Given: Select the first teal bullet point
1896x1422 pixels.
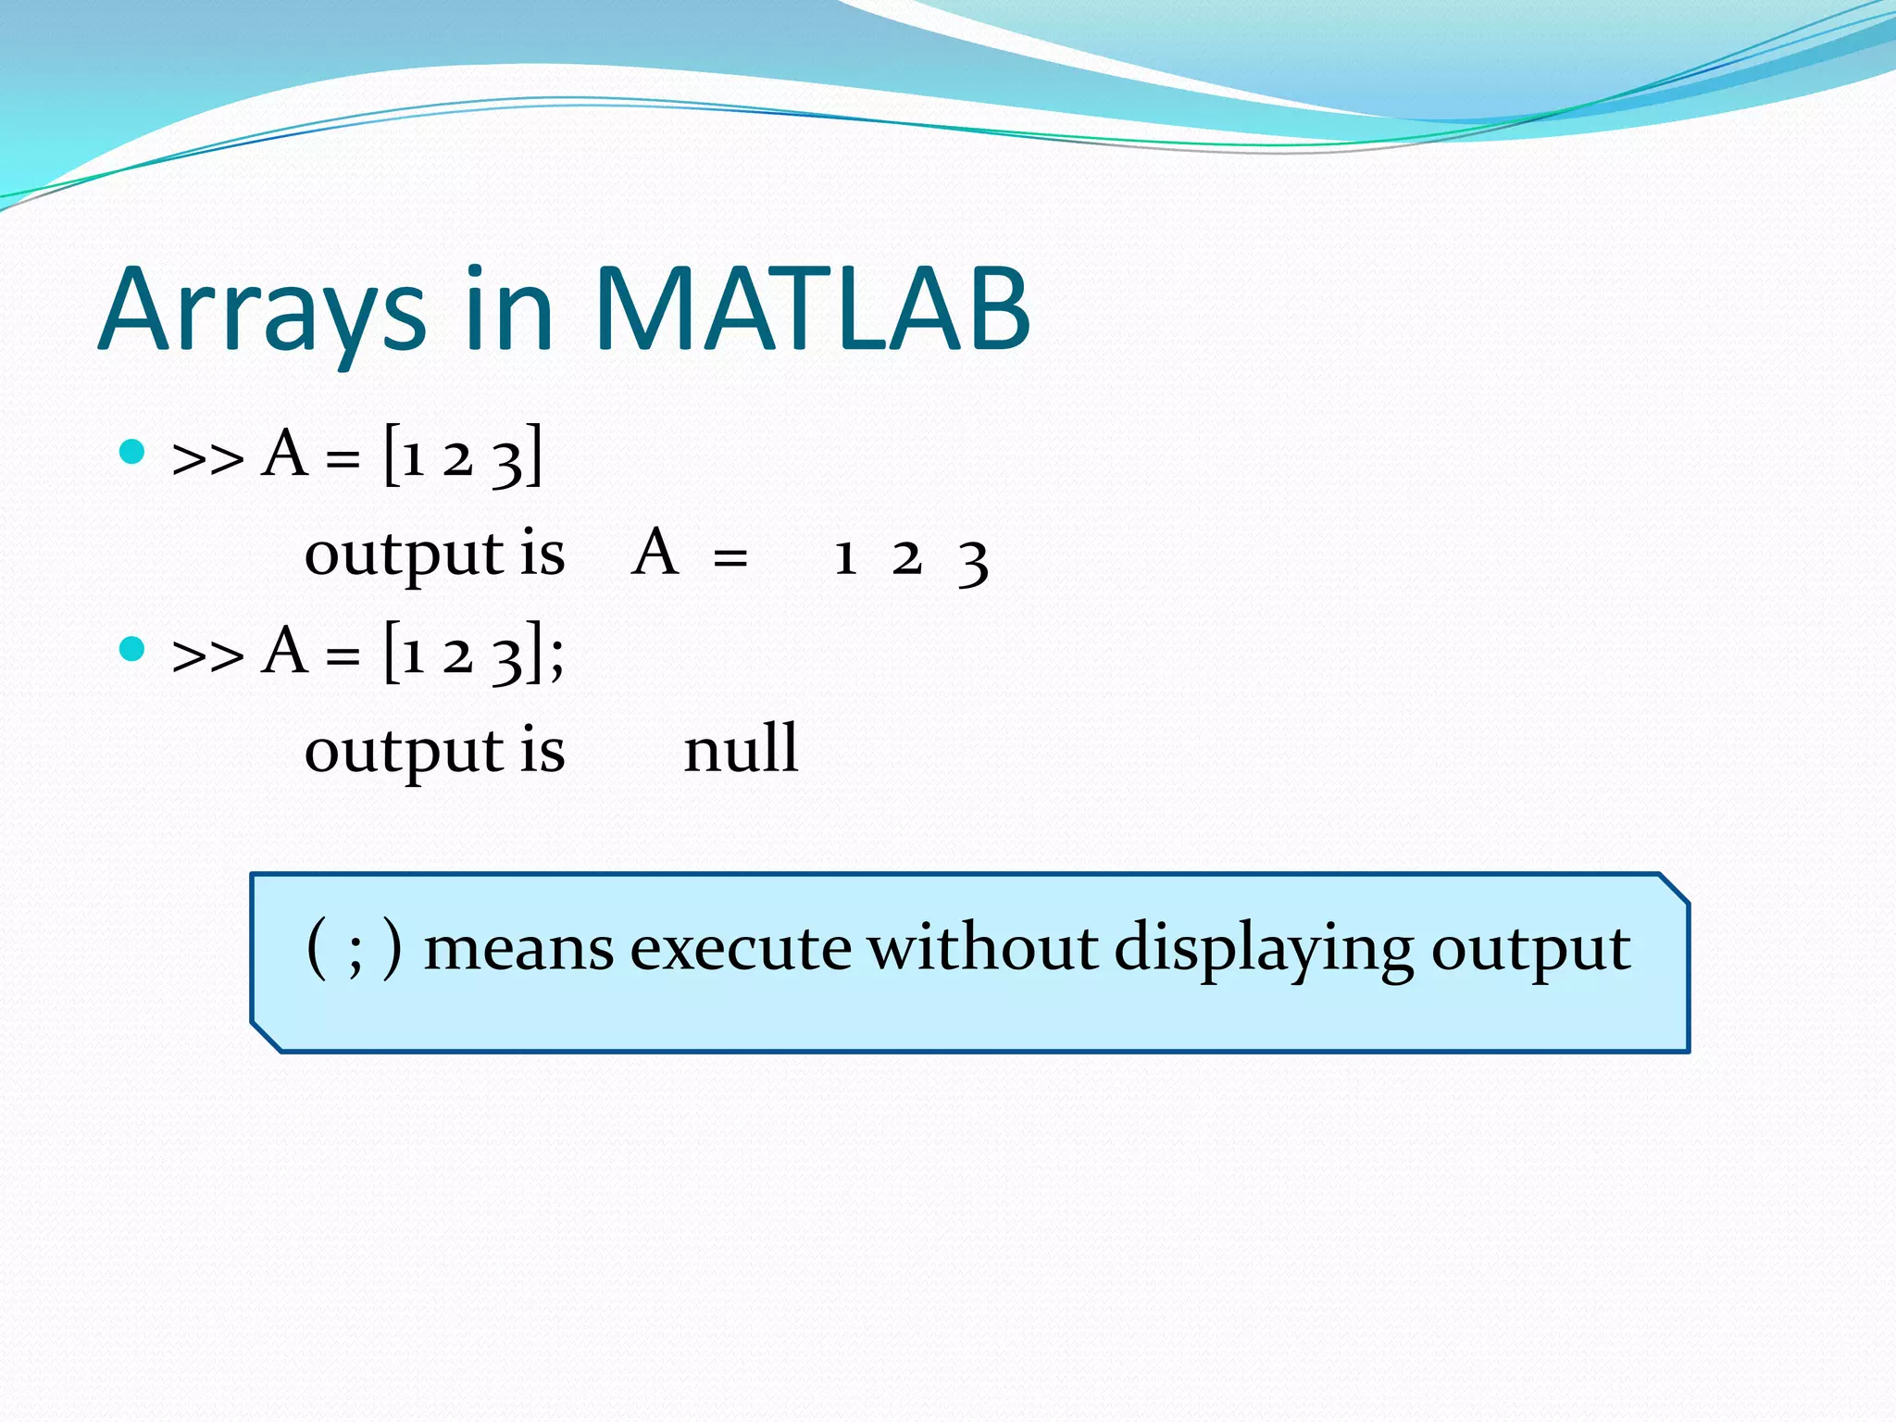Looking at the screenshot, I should [133, 452].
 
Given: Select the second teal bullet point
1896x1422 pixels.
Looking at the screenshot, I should [133, 649].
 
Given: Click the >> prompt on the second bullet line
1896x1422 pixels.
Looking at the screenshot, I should [207, 656].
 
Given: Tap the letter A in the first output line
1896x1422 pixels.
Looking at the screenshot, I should [655, 553].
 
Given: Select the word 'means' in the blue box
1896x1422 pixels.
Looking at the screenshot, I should [518, 950].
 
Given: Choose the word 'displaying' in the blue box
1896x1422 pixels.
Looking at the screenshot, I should [1264, 950].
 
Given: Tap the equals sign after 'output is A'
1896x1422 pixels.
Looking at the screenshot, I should [730, 558].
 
